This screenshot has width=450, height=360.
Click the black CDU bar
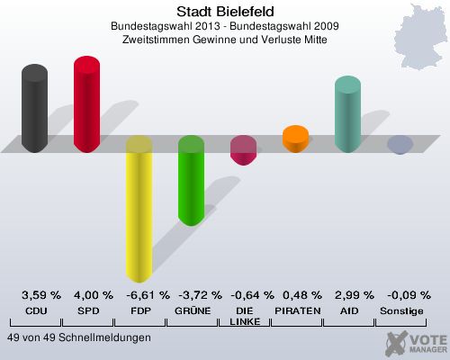point(35,108)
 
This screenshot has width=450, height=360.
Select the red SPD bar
point(86,103)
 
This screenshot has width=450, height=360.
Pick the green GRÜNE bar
point(191,180)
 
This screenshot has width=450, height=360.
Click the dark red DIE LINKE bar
point(243,150)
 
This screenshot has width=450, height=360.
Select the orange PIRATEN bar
point(295,139)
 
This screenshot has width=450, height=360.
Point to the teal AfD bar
point(347,113)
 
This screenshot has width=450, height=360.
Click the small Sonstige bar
point(400,144)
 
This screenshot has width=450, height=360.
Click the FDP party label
point(139,310)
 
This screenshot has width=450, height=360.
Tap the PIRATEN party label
point(295,310)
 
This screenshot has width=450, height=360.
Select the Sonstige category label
point(400,310)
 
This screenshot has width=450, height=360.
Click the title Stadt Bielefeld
point(224,12)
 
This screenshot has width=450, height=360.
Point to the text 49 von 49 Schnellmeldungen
point(78,337)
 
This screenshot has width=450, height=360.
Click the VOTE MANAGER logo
point(416,342)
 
